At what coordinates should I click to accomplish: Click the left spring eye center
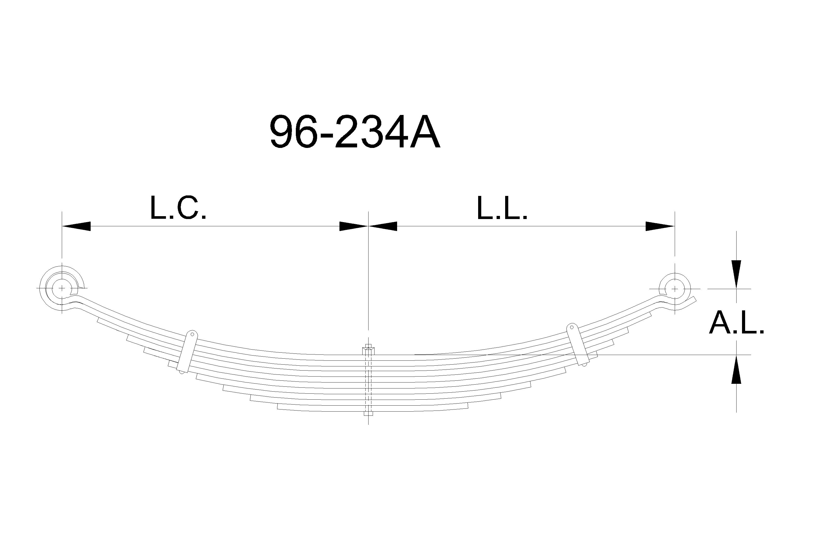pyautogui.click(x=62, y=288)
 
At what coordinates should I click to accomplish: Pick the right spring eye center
pyautogui.click(x=675, y=289)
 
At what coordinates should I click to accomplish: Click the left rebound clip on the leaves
pyautogui.click(x=187, y=351)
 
